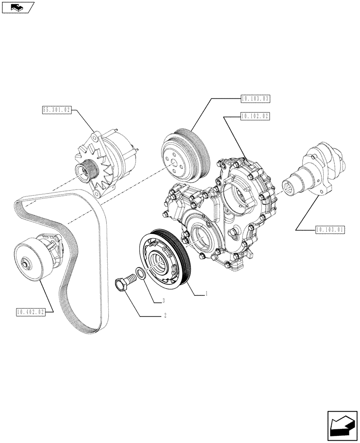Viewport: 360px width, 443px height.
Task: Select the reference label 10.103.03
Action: pos(255,99)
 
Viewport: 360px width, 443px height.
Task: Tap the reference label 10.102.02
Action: pos(255,117)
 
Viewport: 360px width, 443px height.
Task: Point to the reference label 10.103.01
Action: pos(330,229)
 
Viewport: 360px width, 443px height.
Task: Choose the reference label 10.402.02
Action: pos(30,312)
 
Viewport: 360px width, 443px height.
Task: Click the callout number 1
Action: pos(207,293)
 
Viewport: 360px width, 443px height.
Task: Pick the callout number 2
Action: pos(165,316)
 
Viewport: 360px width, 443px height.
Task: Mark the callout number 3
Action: pos(164,301)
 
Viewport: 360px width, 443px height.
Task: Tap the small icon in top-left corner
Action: pos(17,7)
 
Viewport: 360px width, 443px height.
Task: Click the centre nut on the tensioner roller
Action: pos(27,265)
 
